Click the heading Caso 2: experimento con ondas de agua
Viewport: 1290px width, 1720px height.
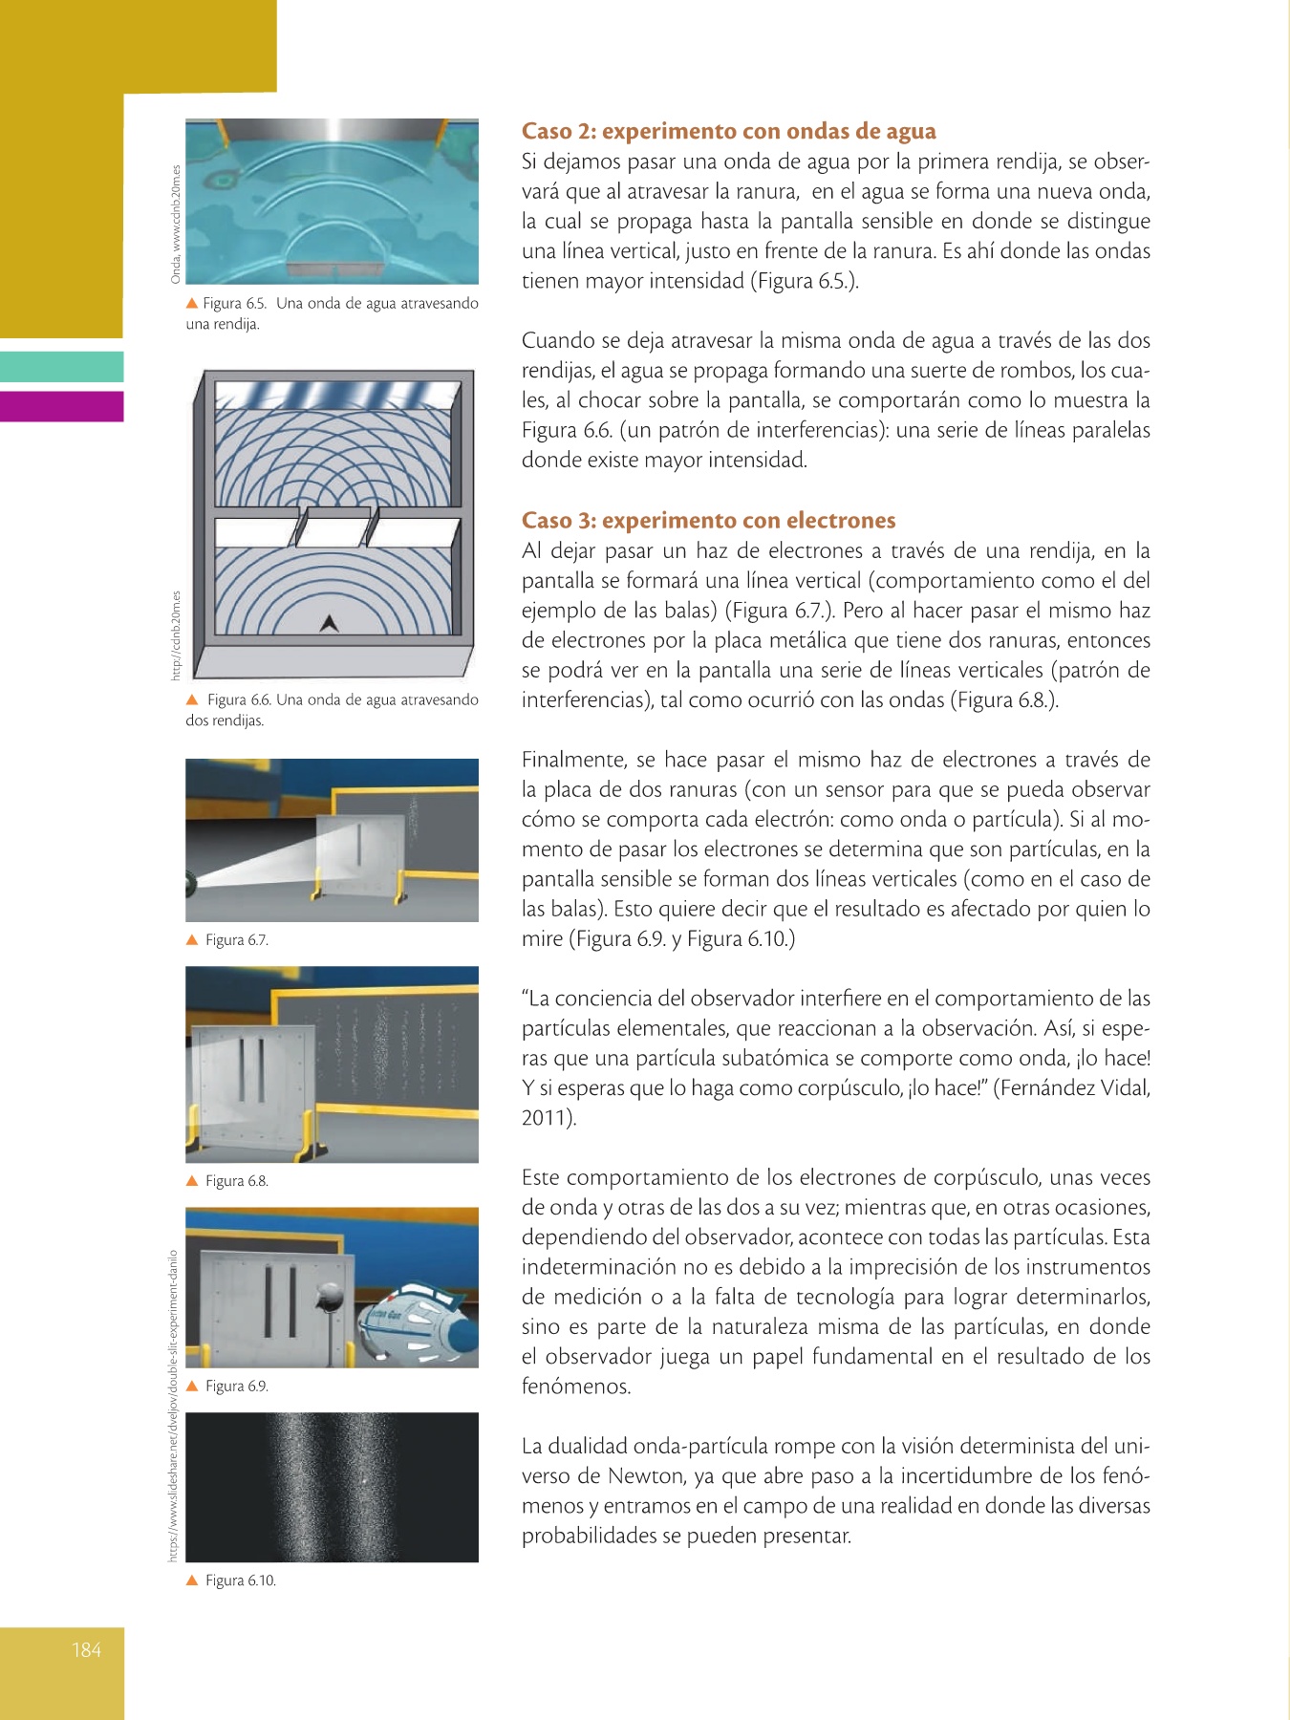728,131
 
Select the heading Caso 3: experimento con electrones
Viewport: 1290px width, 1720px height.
708,520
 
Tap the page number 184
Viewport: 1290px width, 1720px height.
86,1649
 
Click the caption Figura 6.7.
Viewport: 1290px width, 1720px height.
236,940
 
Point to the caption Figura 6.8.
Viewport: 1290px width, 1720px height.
236,1181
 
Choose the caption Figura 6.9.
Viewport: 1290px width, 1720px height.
236,1387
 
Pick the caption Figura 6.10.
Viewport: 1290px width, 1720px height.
240,1580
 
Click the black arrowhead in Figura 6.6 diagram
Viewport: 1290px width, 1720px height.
330,623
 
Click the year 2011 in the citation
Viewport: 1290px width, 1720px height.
546,1117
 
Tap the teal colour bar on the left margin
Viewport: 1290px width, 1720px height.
61,367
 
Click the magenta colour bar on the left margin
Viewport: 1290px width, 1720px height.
61,406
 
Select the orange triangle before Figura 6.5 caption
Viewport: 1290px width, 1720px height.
192,303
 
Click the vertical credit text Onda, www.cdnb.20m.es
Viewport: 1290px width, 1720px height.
176,224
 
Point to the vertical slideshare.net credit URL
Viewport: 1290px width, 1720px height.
173,1405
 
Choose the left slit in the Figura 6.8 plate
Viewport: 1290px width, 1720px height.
244,1070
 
